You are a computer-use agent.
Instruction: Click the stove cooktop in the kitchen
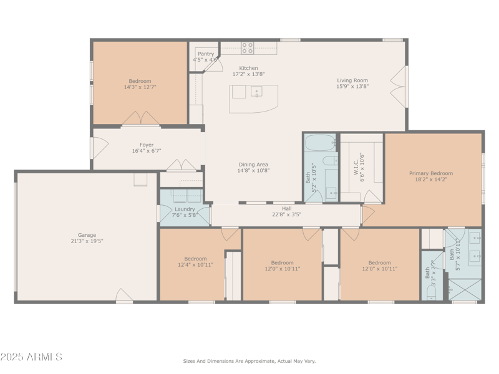pyautogui.click(x=248, y=48)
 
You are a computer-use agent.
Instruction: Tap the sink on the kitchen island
pyautogui.click(x=256, y=92)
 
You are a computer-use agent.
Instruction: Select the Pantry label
pyautogui.click(x=206, y=54)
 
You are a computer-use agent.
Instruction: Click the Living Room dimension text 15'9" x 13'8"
pyautogui.click(x=352, y=87)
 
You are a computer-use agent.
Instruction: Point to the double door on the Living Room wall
pyautogui.click(x=398, y=85)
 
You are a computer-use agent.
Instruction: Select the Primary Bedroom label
pyautogui.click(x=431, y=173)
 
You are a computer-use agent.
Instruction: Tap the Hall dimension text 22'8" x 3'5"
pyautogui.click(x=286, y=215)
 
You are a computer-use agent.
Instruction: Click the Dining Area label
pyautogui.click(x=253, y=165)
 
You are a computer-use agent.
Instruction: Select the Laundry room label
pyautogui.click(x=185, y=209)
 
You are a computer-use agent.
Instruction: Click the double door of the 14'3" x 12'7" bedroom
pyautogui.click(x=140, y=118)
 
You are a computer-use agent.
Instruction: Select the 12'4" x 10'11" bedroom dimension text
pyautogui.click(x=195, y=265)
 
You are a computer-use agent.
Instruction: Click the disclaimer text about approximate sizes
pyautogui.click(x=249, y=361)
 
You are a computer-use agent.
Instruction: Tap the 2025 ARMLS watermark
pyautogui.click(x=31, y=357)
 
